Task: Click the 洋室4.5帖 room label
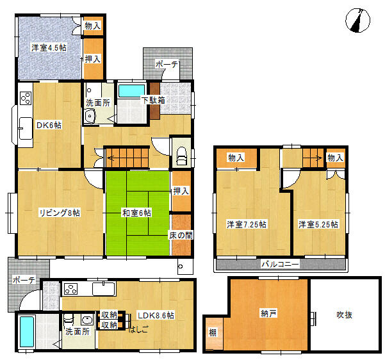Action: (49, 48)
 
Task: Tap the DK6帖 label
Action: (49, 125)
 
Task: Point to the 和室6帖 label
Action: (137, 213)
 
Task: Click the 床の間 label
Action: (181, 236)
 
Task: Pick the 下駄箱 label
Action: (153, 100)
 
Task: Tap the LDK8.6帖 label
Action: (156, 315)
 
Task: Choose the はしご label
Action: (139, 330)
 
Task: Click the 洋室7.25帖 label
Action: (247, 224)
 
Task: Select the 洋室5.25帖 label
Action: (318, 224)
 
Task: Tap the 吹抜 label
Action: (345, 315)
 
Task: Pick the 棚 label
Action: (212, 333)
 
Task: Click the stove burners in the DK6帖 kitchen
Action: (26, 99)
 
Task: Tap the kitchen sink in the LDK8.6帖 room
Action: (103, 289)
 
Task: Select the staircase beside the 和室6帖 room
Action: (126, 155)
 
